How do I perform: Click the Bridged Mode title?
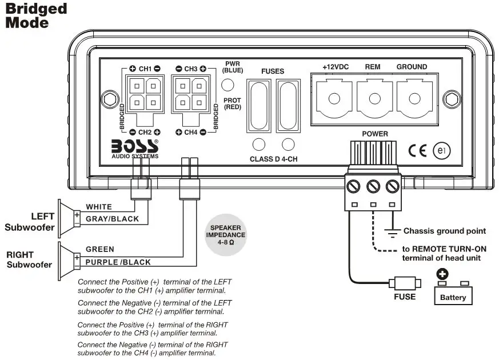point(36,15)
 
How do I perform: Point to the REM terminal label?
point(373,67)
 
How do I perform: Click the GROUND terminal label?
point(412,67)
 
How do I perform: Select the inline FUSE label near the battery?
point(404,297)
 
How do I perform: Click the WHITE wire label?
point(99,206)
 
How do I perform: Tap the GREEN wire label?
point(100,249)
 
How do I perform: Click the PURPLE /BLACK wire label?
point(118,262)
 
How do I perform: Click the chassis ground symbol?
point(392,232)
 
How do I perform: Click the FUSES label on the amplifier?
point(273,71)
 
